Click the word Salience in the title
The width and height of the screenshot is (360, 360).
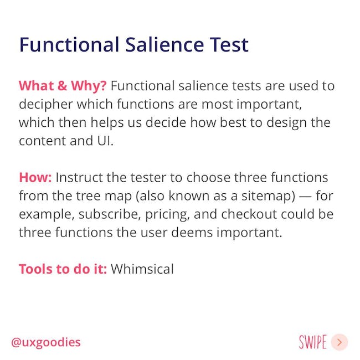(x=164, y=44)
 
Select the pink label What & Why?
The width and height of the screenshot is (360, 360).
(x=63, y=86)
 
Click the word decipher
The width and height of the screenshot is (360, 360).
(x=46, y=105)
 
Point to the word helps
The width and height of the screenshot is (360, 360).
(x=107, y=123)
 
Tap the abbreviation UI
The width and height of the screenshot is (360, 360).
(x=105, y=141)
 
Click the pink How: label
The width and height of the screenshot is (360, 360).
(x=35, y=177)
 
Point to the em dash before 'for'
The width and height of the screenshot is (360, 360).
(x=305, y=197)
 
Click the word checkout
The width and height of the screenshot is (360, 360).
(x=249, y=214)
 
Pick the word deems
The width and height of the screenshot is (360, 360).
(x=192, y=233)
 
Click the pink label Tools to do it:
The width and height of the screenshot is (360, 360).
(x=63, y=269)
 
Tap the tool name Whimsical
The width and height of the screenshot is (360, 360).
(x=142, y=269)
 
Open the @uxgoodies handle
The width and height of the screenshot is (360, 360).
(x=46, y=342)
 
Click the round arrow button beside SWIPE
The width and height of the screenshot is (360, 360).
(x=340, y=342)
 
